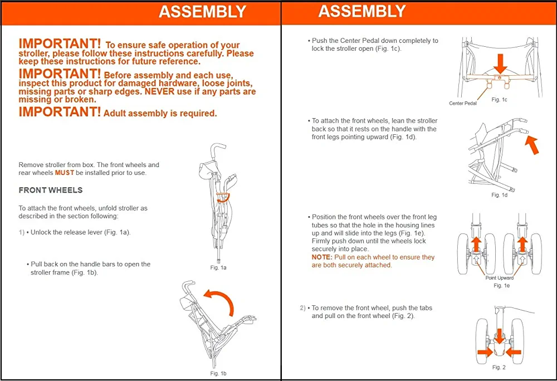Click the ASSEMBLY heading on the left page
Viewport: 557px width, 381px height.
tap(202, 12)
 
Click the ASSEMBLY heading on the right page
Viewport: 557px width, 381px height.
tap(362, 11)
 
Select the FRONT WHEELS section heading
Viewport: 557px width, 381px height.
tap(51, 190)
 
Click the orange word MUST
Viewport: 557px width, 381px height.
tap(64, 173)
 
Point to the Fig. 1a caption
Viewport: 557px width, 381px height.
tap(218, 268)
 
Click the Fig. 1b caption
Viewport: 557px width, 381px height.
tap(218, 373)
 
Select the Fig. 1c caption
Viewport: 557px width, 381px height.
tap(500, 99)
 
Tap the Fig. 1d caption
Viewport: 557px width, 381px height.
tap(500, 195)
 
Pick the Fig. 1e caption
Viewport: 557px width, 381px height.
tap(501, 286)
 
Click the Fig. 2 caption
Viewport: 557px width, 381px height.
tap(499, 368)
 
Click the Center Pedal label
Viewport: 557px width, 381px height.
tap(462, 104)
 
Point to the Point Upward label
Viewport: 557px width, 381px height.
tap(500, 278)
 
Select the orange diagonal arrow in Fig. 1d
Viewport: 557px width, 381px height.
tap(532, 146)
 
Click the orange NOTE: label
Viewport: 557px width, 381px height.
tap(321, 257)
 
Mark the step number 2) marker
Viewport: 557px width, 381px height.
tap(302, 308)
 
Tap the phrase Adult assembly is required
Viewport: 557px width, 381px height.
tap(160, 114)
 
